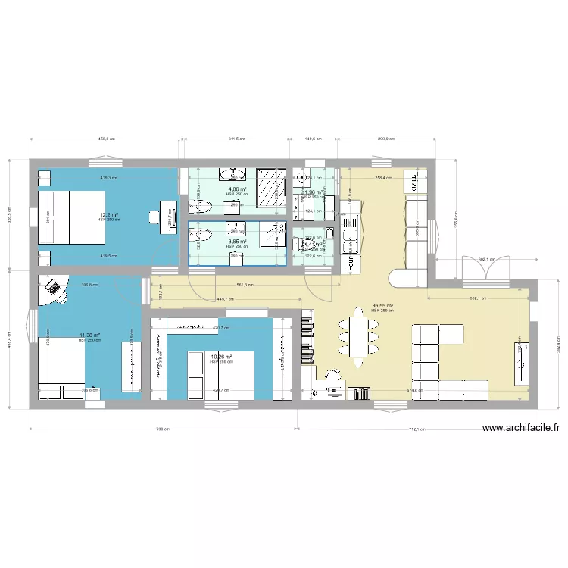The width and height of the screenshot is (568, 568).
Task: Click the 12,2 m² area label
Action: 110,215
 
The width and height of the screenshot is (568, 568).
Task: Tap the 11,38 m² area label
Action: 89,335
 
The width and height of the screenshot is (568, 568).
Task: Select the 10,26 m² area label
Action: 221,357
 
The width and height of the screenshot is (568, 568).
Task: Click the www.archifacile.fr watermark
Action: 521,428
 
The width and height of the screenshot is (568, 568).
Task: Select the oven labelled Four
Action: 351,262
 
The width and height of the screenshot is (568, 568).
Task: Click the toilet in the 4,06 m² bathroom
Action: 229,176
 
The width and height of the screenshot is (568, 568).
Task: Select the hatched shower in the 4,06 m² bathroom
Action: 270,187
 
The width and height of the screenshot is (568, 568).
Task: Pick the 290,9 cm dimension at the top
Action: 387,139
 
